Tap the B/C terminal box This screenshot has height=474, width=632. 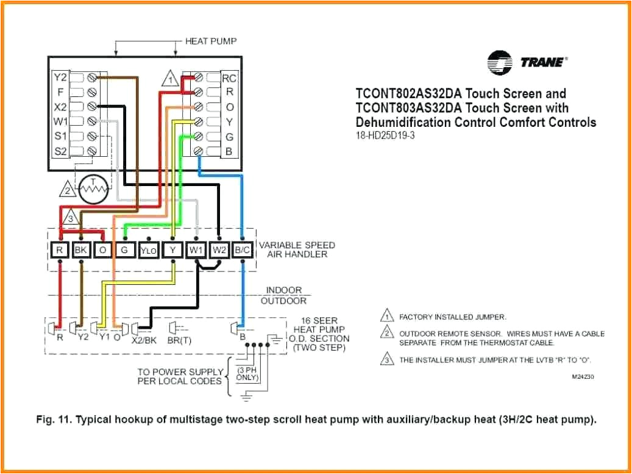coord(243,250)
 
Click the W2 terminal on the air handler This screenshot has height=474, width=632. coord(219,250)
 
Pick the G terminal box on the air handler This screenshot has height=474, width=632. coord(125,250)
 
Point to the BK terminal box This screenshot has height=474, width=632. coord(80,250)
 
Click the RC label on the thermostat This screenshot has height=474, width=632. coord(229,78)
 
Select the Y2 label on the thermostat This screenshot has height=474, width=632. coord(60,77)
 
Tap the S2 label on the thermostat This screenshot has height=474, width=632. coord(60,151)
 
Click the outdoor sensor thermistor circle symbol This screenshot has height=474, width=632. coord(93,190)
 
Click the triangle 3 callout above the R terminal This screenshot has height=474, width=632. coord(71,217)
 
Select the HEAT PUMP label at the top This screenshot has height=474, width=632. coord(211,41)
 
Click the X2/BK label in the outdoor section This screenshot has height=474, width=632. coord(144,341)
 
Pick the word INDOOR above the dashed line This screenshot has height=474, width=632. coord(283,290)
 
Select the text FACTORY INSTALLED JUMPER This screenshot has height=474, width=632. coord(452,317)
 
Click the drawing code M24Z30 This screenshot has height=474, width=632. coord(583,377)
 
